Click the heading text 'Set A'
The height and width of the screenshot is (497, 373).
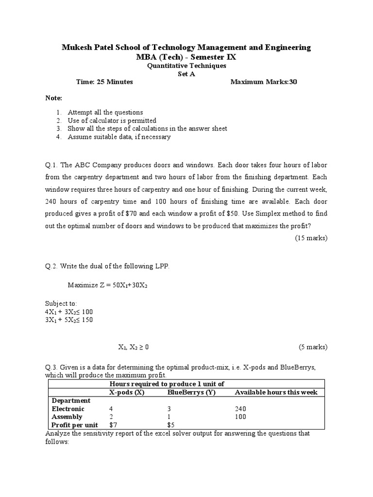pyautogui.click(x=186, y=74)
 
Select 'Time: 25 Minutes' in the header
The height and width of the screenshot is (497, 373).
pyautogui.click(x=104, y=82)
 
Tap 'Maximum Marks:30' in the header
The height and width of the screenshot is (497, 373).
pyautogui.click(x=264, y=82)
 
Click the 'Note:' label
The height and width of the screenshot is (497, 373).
pyautogui.click(x=54, y=98)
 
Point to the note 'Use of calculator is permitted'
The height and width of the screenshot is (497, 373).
pyautogui.click(x=112, y=120)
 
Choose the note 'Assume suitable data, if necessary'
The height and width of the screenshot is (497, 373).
pyautogui.click(x=119, y=137)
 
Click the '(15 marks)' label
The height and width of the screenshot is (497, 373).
pyautogui.click(x=311, y=238)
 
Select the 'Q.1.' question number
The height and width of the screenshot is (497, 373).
pyautogui.click(x=52, y=165)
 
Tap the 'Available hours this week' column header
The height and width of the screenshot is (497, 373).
pyautogui.click(x=276, y=392)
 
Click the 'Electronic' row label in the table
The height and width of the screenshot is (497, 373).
pyautogui.click(x=68, y=409)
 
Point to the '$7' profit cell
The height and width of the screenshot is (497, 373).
pyautogui.click(x=114, y=425)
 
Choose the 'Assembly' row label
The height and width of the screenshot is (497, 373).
pyautogui.click(x=67, y=417)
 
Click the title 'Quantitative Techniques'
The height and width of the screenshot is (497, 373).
pyautogui.click(x=186, y=66)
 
